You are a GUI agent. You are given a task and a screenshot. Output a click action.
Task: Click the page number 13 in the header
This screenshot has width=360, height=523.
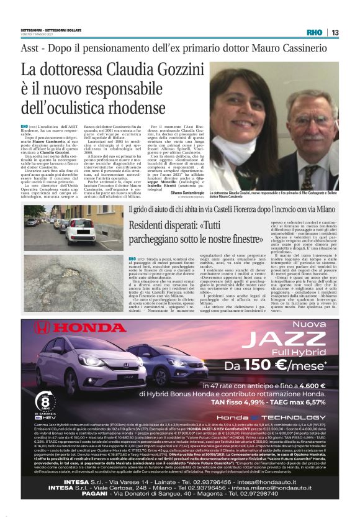click(335, 32)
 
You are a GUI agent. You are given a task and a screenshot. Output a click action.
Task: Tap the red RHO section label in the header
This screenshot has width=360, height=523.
click(314, 32)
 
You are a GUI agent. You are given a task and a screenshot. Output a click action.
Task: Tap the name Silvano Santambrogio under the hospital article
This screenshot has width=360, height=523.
click(186, 194)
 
